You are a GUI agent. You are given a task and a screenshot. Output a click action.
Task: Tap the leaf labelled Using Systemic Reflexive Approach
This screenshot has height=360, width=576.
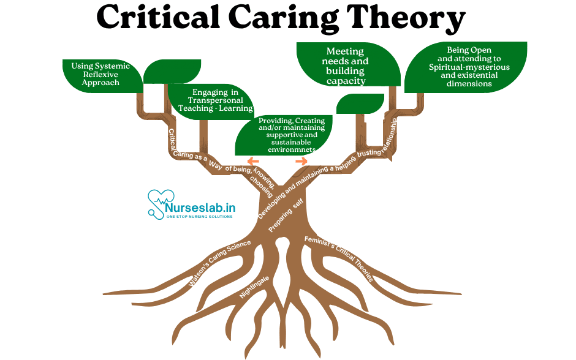(x=98, y=73)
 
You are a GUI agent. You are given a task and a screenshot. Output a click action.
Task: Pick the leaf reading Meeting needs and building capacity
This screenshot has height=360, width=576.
(x=347, y=66)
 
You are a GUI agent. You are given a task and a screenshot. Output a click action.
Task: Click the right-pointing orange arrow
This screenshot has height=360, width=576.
(x=301, y=160)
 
